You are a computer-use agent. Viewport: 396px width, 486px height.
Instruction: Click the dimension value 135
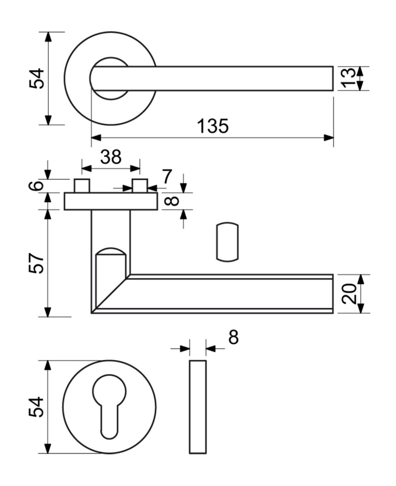click(x=213, y=126)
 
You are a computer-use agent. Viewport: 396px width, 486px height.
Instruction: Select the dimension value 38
click(x=111, y=157)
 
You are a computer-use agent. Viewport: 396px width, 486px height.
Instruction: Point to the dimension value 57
click(x=36, y=263)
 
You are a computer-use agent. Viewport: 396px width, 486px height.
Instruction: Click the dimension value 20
click(x=349, y=294)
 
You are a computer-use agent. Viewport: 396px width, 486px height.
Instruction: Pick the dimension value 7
click(x=167, y=176)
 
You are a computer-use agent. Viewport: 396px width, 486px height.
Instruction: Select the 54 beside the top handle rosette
click(x=36, y=79)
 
